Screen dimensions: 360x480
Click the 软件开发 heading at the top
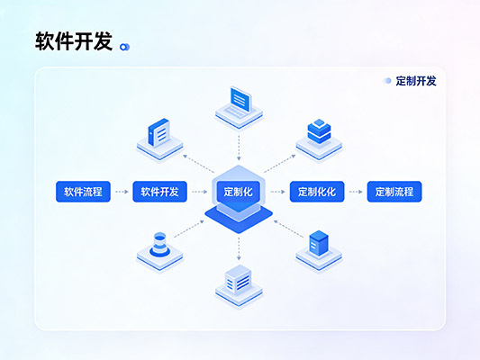tap(73, 41)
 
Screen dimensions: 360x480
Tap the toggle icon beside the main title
tap(125, 45)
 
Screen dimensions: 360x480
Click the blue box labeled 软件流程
tap(83, 192)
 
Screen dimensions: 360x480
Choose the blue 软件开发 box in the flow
tap(159, 192)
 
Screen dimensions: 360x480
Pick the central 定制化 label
tap(239, 192)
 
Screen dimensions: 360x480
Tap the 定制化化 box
tap(316, 192)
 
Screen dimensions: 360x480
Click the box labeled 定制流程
tap(394, 192)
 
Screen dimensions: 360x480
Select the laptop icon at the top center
tap(239, 103)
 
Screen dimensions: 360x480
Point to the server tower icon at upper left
tap(158, 138)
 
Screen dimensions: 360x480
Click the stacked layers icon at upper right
tap(319, 135)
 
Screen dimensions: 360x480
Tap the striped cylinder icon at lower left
tap(159, 248)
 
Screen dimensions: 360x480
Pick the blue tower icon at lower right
tap(319, 247)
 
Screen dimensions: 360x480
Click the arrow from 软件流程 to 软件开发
tap(121, 192)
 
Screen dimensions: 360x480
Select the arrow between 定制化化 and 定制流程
tap(356, 192)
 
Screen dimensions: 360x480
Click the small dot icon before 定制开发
tap(387, 81)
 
